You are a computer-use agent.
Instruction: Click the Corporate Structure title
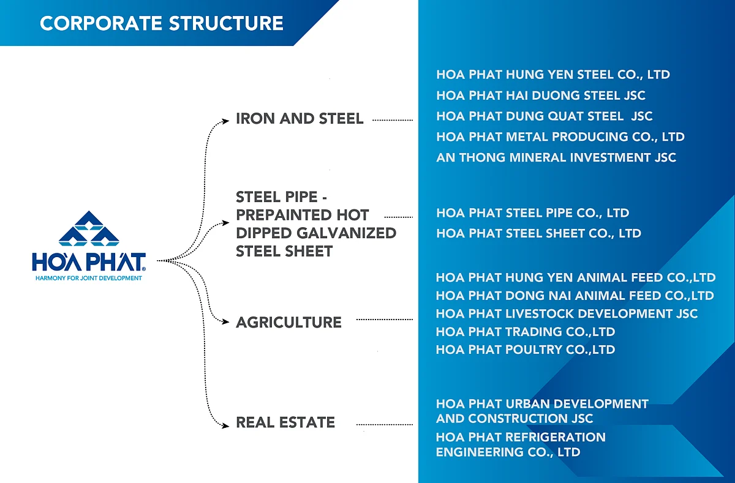click(162, 23)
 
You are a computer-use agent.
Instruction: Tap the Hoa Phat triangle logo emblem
click(89, 228)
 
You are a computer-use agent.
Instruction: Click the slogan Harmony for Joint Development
click(89, 278)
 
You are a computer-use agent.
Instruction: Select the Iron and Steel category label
click(300, 119)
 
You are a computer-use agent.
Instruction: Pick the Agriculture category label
click(288, 323)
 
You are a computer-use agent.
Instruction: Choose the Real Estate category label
click(285, 422)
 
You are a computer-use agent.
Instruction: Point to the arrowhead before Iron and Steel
click(225, 121)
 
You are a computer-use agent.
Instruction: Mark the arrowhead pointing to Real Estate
click(225, 426)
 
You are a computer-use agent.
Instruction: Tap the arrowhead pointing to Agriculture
click(225, 321)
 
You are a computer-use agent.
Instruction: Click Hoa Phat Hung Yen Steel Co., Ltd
click(553, 75)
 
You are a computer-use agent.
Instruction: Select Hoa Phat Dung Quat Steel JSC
click(545, 116)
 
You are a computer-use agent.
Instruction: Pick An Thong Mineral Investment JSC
click(556, 157)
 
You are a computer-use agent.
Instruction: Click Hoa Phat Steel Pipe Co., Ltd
click(532, 213)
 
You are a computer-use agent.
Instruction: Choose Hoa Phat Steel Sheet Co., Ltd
click(538, 233)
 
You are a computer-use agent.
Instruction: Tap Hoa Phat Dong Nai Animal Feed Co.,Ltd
click(575, 296)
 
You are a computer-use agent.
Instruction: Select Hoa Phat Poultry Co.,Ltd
click(526, 350)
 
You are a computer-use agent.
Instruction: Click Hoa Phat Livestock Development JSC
click(567, 314)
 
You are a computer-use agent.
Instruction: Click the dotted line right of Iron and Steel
click(393, 121)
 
